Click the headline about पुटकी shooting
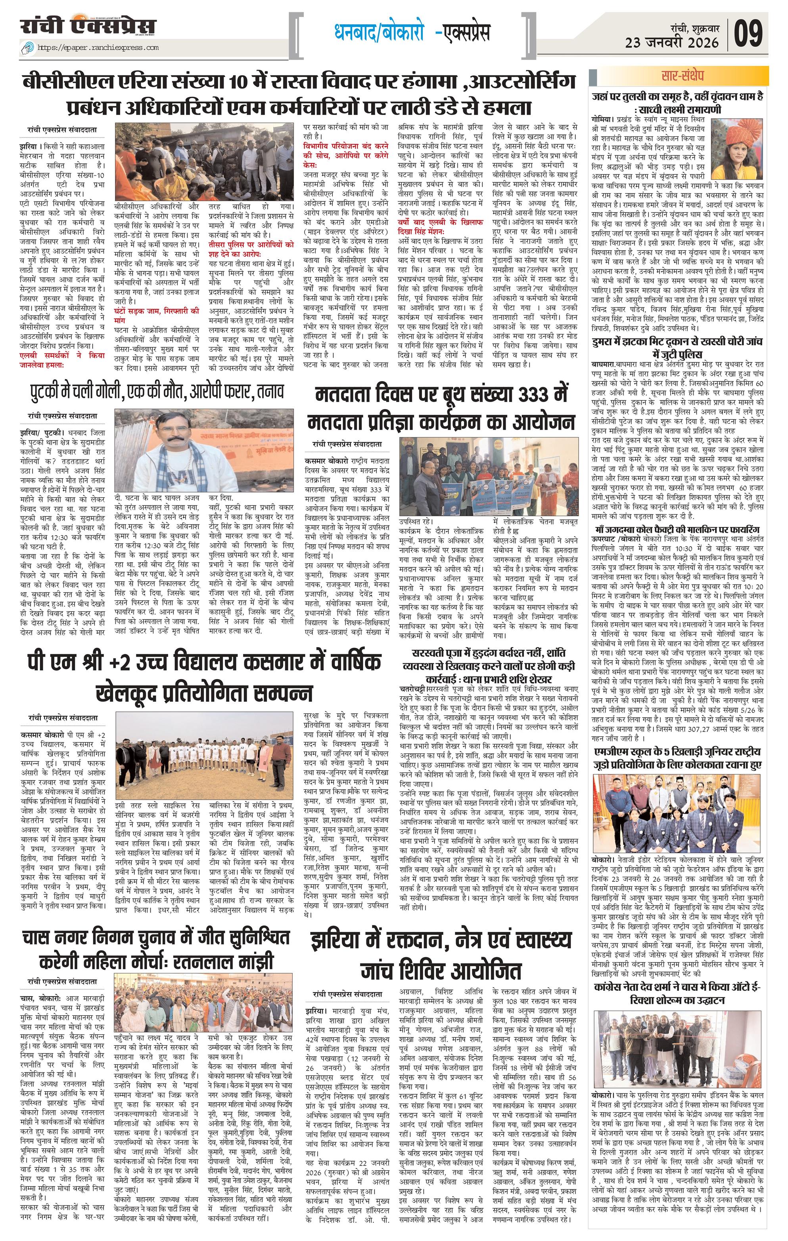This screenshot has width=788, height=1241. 156,391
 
